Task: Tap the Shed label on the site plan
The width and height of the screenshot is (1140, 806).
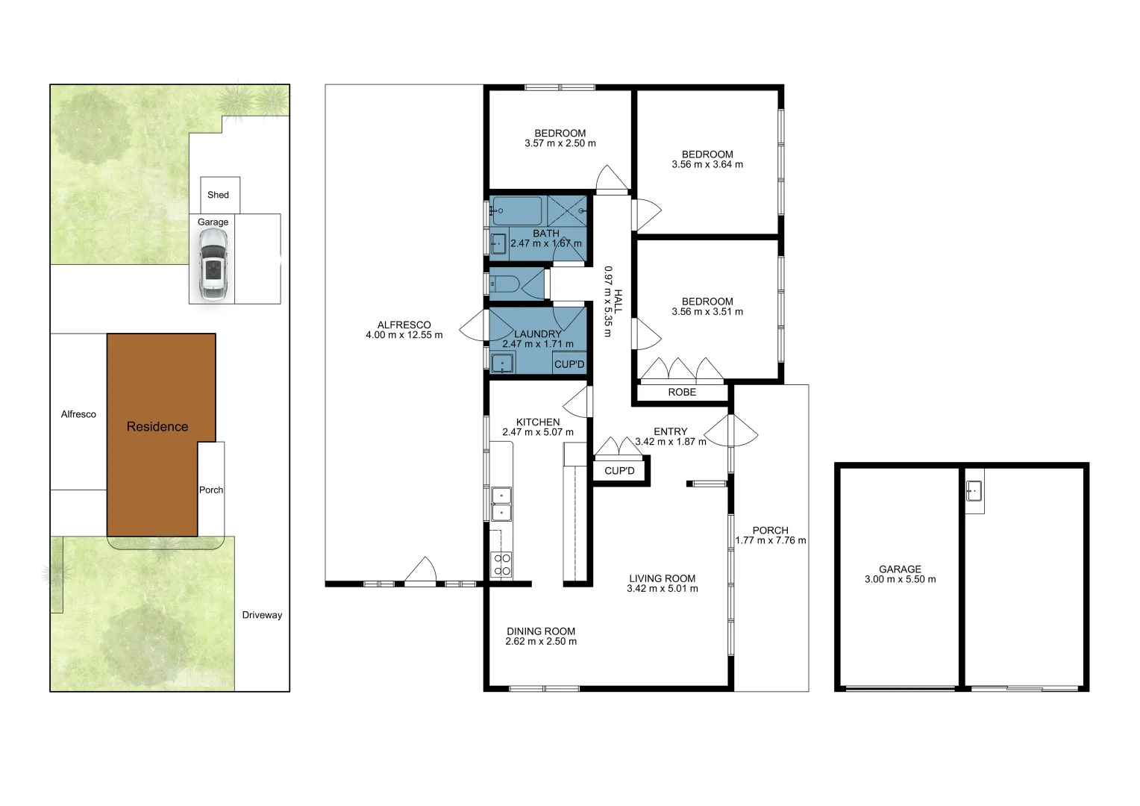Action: pyautogui.click(x=218, y=195)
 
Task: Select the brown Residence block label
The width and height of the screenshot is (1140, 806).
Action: pyautogui.click(x=157, y=427)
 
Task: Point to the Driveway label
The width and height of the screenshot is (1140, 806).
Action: pyautogui.click(x=262, y=615)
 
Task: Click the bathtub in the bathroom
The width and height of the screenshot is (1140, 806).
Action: pyautogui.click(x=517, y=211)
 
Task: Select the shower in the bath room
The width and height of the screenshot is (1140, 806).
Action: pyautogui.click(x=567, y=211)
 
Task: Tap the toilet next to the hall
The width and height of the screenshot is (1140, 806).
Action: pyautogui.click(x=507, y=284)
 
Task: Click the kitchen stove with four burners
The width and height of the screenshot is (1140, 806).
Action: pyautogui.click(x=501, y=565)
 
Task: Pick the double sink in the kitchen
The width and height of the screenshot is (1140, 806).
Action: pyautogui.click(x=501, y=503)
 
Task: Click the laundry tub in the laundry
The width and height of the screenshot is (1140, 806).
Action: pyautogui.click(x=503, y=363)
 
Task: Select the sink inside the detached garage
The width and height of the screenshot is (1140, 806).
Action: pyautogui.click(x=974, y=491)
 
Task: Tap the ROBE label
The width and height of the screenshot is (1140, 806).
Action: pyautogui.click(x=682, y=392)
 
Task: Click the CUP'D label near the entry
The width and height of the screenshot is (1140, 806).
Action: pyautogui.click(x=619, y=471)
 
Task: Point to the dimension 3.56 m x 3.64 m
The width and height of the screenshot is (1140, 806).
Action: pyautogui.click(x=707, y=165)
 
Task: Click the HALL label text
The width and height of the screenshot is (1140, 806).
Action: pyautogui.click(x=618, y=302)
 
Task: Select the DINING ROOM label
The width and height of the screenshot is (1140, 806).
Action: pyautogui.click(x=541, y=631)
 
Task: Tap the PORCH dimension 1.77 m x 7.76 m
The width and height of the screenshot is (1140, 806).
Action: pyautogui.click(x=771, y=540)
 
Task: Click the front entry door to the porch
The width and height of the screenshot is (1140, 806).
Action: pyautogui.click(x=731, y=431)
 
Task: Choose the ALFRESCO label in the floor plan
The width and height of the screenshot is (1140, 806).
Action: pyautogui.click(x=404, y=325)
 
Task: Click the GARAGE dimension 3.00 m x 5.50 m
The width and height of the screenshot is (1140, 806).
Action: pyautogui.click(x=900, y=579)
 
